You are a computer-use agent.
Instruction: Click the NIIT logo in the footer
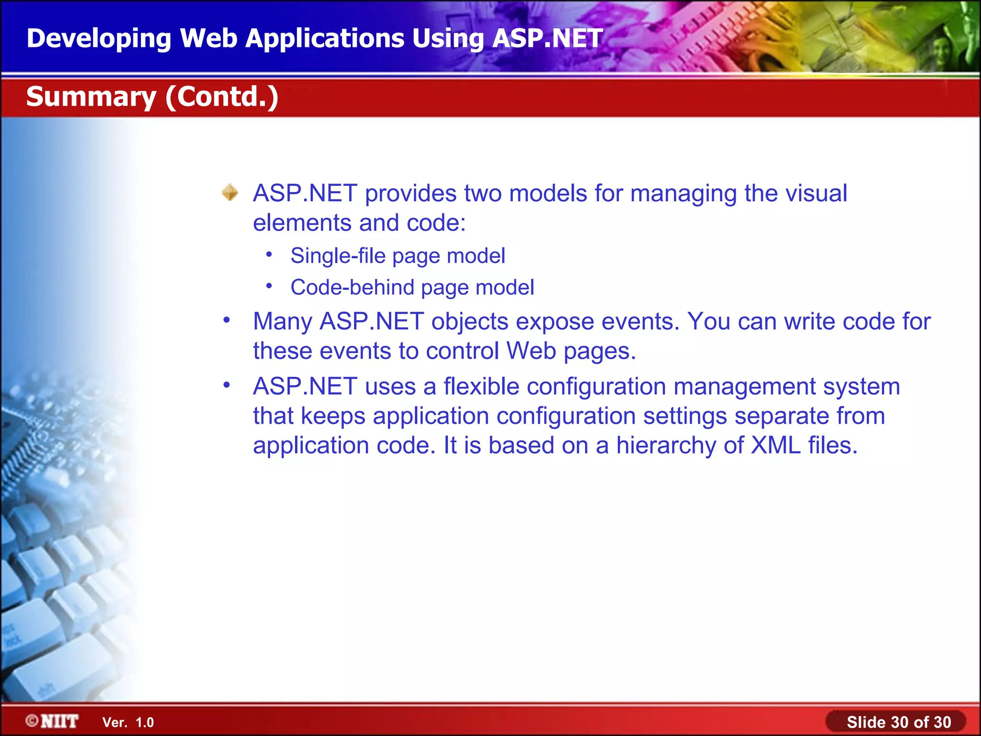pyautogui.click(x=53, y=721)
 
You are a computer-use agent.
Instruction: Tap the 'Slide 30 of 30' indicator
pyautogui.click(x=898, y=722)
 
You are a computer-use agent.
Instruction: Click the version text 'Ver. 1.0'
pyautogui.click(x=128, y=723)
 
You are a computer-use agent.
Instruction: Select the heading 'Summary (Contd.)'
pyautogui.click(x=152, y=97)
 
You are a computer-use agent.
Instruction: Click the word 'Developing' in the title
pyautogui.click(x=99, y=38)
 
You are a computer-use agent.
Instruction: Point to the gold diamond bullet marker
pyautogui.click(x=230, y=193)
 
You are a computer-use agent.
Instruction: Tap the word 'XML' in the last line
pyautogui.click(x=776, y=445)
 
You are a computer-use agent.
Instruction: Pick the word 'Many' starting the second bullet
pyautogui.click(x=282, y=322)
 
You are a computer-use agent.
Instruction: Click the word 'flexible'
pyautogui.click(x=481, y=386)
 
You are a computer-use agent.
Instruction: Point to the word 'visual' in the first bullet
pyautogui.click(x=816, y=194)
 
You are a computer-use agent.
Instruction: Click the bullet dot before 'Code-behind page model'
pyautogui.click(x=269, y=287)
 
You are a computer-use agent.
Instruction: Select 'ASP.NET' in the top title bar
pyautogui.click(x=547, y=38)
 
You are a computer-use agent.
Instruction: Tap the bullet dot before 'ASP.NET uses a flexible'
pyautogui.click(x=227, y=385)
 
